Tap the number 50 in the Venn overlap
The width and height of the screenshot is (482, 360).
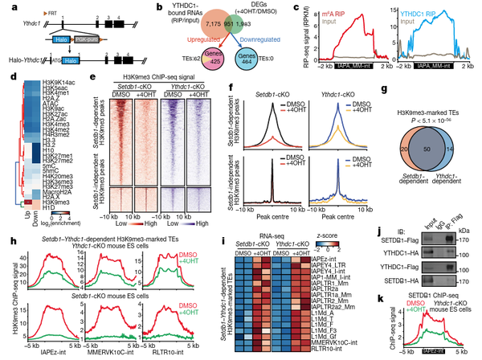435,149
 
